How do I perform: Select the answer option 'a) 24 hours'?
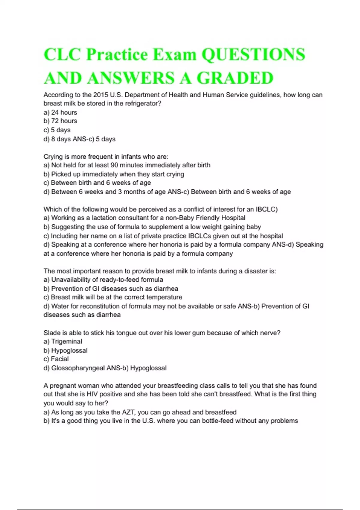click(60, 112)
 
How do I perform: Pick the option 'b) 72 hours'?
click(60, 121)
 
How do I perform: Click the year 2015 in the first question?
click(100, 95)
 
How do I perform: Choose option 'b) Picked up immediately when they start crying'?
click(114, 174)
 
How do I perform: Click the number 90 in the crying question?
click(115, 165)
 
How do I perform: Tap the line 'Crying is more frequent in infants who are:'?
click(106, 157)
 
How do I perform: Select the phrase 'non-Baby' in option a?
click(180, 218)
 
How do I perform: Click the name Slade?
click(52, 333)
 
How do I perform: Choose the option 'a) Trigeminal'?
click(63, 341)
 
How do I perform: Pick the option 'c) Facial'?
click(56, 359)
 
